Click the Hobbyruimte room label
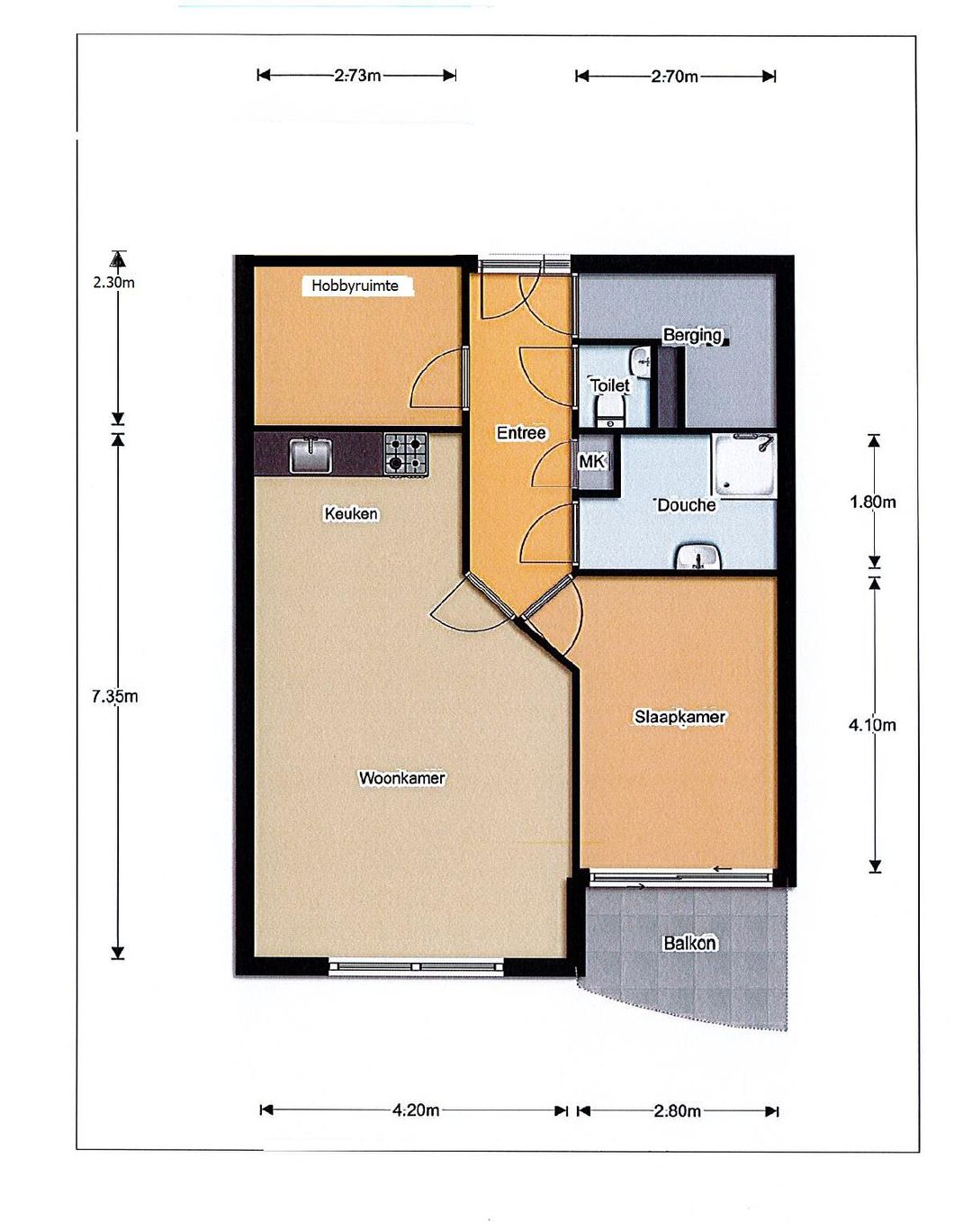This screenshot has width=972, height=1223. click(355, 285)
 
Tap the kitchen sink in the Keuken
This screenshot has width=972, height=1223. click(310, 455)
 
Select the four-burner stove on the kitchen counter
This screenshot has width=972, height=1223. click(406, 454)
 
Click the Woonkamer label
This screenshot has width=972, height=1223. click(401, 778)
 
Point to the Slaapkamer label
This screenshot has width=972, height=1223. click(679, 717)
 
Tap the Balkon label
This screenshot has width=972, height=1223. click(689, 943)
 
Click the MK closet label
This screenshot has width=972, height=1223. click(591, 462)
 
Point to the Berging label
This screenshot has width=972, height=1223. click(692, 335)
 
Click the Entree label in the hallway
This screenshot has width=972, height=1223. click(521, 433)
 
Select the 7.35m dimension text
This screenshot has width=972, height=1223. click(114, 696)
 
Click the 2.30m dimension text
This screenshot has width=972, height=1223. click(113, 282)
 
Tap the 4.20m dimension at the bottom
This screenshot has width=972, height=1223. click(416, 1110)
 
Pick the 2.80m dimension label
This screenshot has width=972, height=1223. click(677, 1111)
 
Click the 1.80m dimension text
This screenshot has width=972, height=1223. click(872, 502)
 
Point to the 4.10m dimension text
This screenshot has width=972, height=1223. click(872, 725)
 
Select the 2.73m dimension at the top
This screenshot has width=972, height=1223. click(357, 76)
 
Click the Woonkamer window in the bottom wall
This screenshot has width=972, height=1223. click(416, 967)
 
